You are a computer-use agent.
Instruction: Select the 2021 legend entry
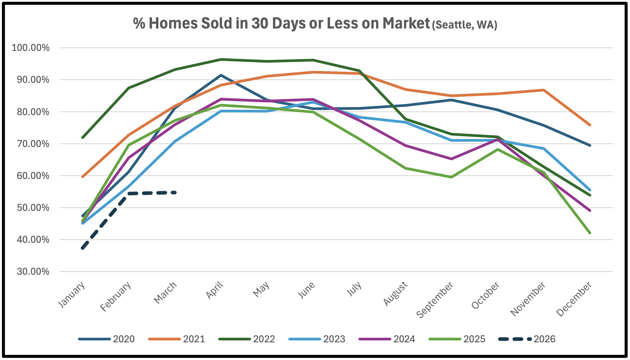click(177, 339)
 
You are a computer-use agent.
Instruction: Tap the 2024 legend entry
click(387, 339)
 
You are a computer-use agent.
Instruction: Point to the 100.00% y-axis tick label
click(31, 48)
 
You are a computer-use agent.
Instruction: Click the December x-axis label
click(574, 299)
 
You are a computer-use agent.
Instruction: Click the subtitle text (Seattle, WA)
click(465, 25)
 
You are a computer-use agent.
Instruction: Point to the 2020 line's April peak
click(221, 75)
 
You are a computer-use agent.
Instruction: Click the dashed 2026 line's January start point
click(83, 248)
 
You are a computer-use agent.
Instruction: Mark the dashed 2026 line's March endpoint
click(175, 193)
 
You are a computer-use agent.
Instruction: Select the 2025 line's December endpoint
click(590, 233)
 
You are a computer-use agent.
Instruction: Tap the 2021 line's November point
click(544, 90)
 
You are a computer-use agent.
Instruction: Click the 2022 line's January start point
click(83, 138)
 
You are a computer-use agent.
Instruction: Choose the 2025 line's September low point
click(451, 177)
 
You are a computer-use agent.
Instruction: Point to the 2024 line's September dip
click(451, 159)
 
